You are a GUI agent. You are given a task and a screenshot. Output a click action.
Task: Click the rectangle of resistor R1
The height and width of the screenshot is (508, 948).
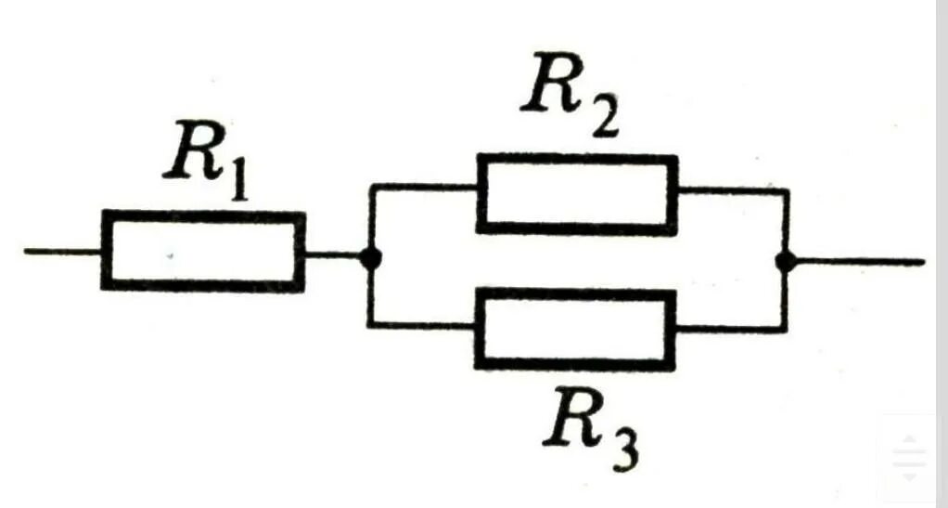pos(203,251)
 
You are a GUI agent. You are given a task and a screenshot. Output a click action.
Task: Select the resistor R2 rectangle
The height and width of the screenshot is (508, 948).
pos(576,193)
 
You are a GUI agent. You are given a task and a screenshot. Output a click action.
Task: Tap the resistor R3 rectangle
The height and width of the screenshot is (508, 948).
pos(576,329)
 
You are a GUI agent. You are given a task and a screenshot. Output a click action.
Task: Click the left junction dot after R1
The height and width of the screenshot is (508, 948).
pos(371,259)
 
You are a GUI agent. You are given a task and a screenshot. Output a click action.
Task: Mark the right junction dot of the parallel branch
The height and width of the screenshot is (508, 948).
pos(786,262)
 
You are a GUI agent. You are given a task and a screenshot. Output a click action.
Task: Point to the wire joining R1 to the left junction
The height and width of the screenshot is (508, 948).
pos(334,253)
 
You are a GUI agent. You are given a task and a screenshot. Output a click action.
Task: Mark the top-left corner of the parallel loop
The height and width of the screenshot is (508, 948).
pos(371,187)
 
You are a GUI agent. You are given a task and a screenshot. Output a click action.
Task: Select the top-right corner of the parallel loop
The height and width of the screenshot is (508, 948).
pos(787,191)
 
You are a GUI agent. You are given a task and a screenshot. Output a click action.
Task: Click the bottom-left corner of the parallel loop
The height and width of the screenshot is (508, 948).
pos(371,324)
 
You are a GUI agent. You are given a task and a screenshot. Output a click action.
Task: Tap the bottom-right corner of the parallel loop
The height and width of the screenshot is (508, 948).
pos(786,328)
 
